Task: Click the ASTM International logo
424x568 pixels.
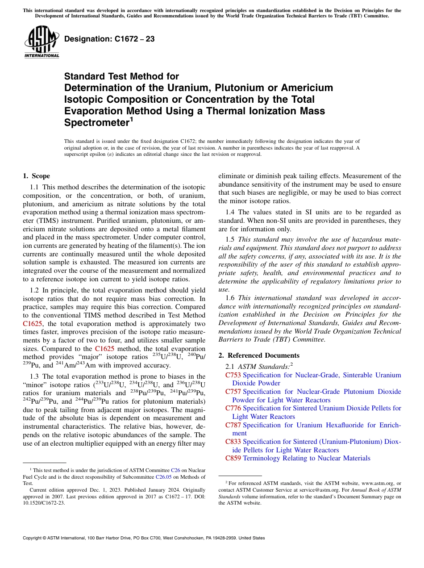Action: point(42,42)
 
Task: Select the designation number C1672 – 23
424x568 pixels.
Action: point(110,39)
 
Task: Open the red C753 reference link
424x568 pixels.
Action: point(233,375)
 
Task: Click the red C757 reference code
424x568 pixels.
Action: point(233,392)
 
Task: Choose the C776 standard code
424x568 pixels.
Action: point(233,408)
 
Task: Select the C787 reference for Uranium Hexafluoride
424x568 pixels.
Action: point(233,425)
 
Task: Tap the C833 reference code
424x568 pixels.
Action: point(233,442)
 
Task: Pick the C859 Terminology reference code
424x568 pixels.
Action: point(233,458)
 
